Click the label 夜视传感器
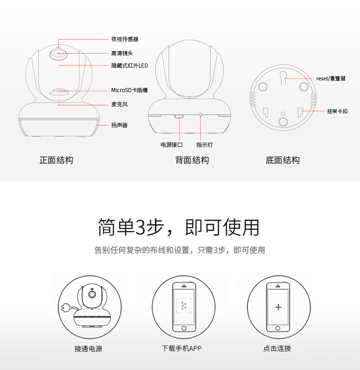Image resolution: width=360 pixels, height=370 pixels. pos(125,39)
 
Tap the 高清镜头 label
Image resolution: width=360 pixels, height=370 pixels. pos(122,53)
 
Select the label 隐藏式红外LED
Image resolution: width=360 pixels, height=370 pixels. pos(130,65)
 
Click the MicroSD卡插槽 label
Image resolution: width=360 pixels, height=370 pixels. pos(129,90)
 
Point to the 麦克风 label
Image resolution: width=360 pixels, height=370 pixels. pos(119,104)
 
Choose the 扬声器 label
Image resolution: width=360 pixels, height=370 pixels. pos(119,125)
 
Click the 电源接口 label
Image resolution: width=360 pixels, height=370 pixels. pos(172,144)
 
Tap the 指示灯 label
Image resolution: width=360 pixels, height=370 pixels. pos(204,144)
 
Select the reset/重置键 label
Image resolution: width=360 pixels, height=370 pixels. pos(331,79)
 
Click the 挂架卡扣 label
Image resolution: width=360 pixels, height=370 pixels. pos(337,111)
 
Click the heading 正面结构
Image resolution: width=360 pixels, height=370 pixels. pos(56,160)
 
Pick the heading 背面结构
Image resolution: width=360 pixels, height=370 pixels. pos(192,160)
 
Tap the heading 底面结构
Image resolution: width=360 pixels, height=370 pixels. pos(283,160)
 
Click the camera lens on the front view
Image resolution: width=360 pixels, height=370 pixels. pos(59,54)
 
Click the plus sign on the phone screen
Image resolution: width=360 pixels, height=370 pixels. pos(278,307)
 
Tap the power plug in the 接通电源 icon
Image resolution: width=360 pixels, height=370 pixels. pos(64,307)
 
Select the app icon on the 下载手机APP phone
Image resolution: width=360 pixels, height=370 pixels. pos(184,306)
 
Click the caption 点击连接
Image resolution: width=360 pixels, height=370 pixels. pos(277,348)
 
